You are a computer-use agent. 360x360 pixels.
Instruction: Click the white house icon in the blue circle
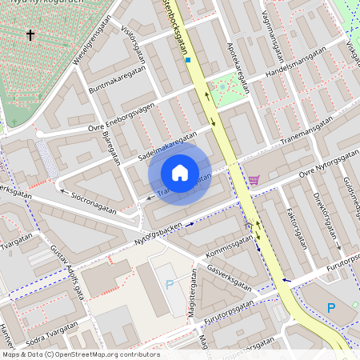point(180,173)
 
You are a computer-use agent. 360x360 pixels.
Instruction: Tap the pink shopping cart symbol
point(254,180)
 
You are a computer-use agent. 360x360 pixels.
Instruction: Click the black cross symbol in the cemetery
point(31,35)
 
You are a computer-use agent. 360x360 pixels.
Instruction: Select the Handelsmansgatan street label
point(298,62)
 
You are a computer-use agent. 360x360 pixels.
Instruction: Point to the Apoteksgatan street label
point(239,67)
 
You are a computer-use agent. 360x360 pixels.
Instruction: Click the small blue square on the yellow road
point(187,60)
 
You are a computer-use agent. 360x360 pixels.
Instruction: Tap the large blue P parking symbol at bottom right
point(331,308)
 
